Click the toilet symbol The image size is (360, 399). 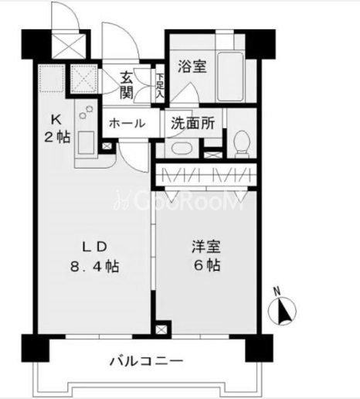(x=242, y=144)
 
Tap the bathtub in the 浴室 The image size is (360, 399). (x=230, y=77)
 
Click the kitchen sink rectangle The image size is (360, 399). (x=86, y=142)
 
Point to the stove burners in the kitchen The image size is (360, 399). (x=87, y=112)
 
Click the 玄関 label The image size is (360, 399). (x=127, y=85)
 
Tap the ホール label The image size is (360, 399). (x=127, y=124)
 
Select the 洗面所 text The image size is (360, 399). (x=192, y=123)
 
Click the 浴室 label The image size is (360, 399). (x=192, y=66)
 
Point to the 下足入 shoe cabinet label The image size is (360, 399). (x=160, y=86)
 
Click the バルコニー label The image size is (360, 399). (x=147, y=361)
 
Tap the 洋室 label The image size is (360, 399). (x=206, y=247)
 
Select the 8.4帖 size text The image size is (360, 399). (x=94, y=266)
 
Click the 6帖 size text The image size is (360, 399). (x=207, y=265)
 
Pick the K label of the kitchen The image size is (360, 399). (x=56, y=120)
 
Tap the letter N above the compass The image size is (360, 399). (x=277, y=292)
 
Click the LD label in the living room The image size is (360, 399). (x=94, y=247)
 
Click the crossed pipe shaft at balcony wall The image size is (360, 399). (x=161, y=329)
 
